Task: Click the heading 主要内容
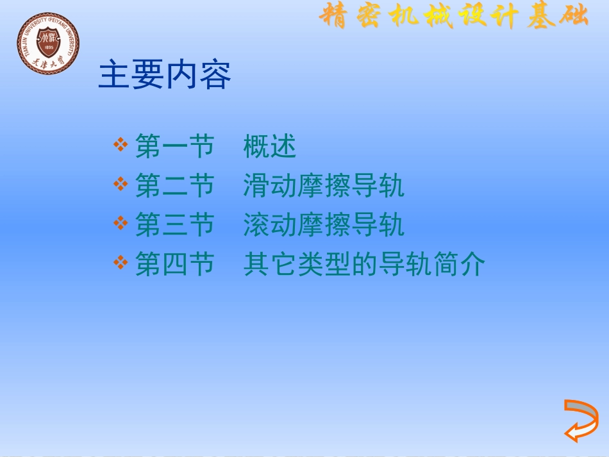[x=165, y=76]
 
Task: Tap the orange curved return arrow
[x=581, y=420]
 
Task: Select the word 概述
[x=270, y=147]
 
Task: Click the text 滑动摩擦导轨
[x=324, y=187]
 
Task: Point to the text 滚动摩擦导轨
[x=324, y=226]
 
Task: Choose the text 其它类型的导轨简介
[x=364, y=265]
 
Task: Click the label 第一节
[x=174, y=147]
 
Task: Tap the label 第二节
[x=174, y=187]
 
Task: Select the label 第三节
[x=174, y=226]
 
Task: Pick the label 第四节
[x=174, y=265]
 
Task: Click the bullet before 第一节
[x=121, y=145]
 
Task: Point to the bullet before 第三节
[x=121, y=223]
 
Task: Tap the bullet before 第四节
[x=121, y=262]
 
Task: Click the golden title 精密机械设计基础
[x=453, y=16]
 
